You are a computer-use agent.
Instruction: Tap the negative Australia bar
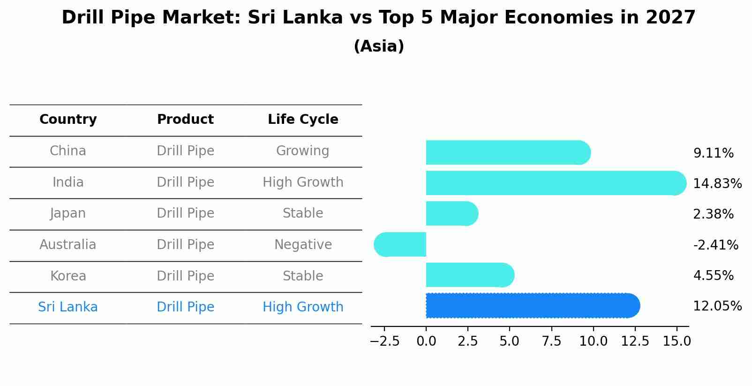[x=400, y=244]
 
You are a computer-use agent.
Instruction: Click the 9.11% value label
[x=713, y=153]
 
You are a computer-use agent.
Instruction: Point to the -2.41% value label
[x=715, y=245]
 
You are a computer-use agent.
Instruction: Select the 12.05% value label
[x=717, y=306]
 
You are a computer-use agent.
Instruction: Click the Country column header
[x=68, y=120]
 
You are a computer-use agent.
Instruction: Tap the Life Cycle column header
[x=303, y=120]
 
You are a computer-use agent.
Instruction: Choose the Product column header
[x=185, y=120]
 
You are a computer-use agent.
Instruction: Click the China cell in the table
[x=68, y=151]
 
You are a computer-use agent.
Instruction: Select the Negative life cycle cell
[x=303, y=245]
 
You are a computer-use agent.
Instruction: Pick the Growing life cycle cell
[x=303, y=151]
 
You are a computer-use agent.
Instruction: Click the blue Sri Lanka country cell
[x=68, y=307]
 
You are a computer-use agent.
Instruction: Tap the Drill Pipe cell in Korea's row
[x=185, y=276]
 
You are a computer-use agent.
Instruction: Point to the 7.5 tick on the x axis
[x=551, y=341]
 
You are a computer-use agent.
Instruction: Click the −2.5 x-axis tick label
[x=384, y=341]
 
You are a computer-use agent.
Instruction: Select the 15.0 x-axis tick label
[x=677, y=341]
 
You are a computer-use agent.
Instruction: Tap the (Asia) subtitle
[x=379, y=46]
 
